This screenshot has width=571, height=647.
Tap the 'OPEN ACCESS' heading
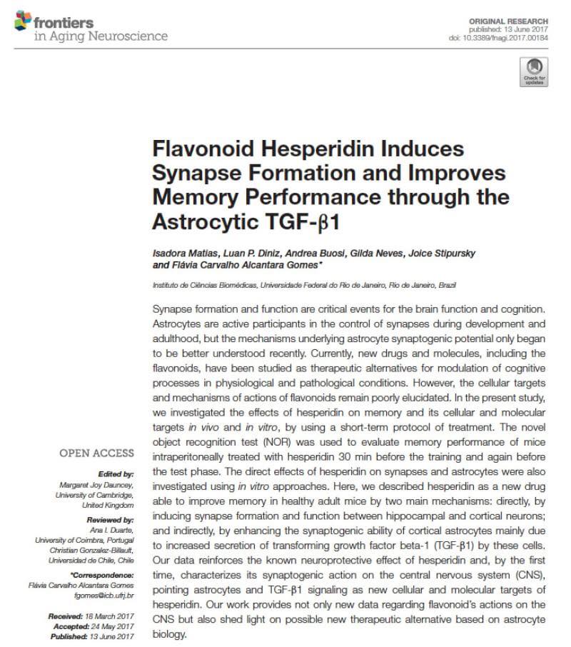(96, 453)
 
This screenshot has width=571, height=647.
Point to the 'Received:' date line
(91, 616)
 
